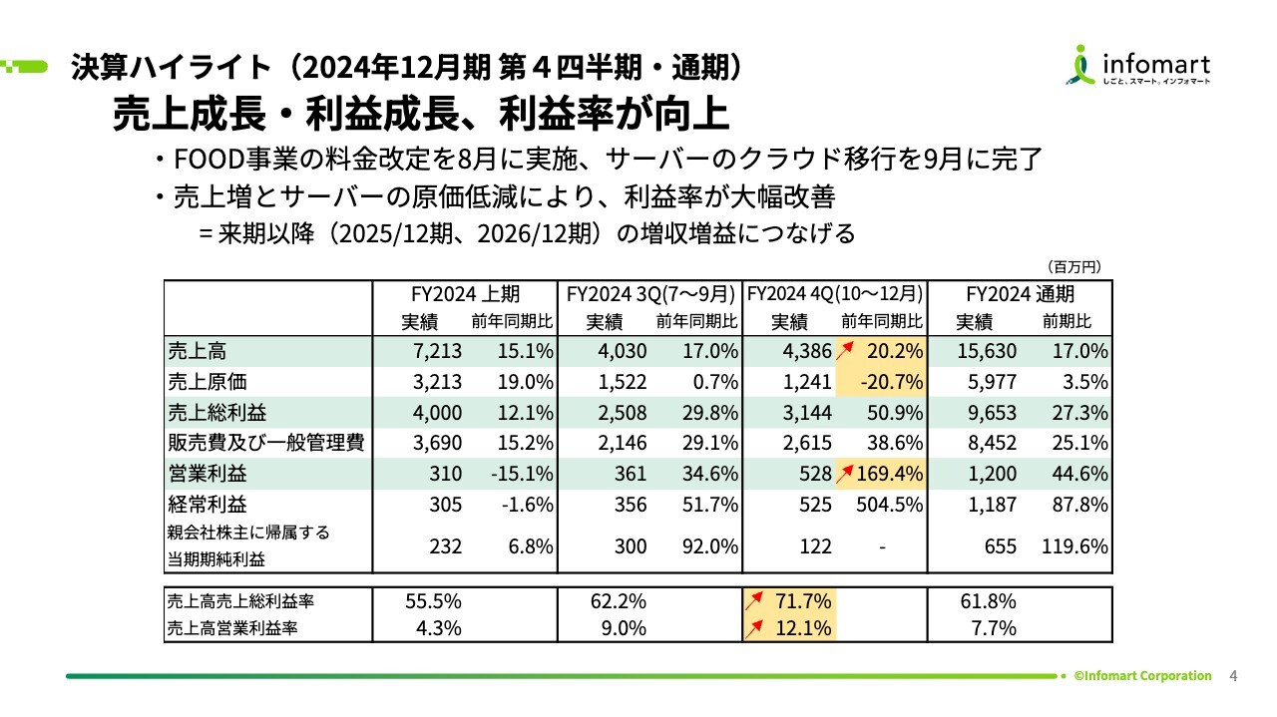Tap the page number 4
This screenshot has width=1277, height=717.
coord(1233,676)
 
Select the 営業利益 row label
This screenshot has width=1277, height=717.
coord(207,474)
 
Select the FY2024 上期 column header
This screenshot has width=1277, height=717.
coord(465,295)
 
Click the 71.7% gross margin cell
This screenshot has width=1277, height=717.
coord(804,601)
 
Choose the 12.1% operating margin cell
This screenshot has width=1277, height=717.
coord(804,628)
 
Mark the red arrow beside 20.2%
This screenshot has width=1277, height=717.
coord(850,348)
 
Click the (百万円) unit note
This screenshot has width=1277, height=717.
coord(1073,266)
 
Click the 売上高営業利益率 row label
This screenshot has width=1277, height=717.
coord(234,628)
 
